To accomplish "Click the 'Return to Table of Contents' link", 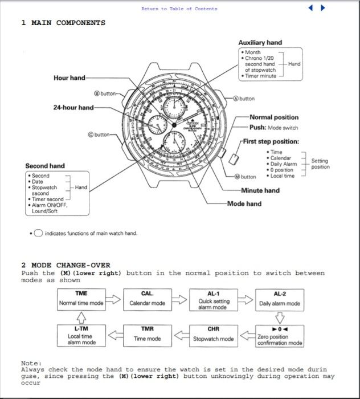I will (179, 9).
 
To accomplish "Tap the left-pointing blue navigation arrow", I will (311, 8).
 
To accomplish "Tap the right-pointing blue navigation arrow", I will (323, 8).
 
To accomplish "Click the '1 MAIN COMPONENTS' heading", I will (63, 23).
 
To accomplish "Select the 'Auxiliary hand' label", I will (260, 42).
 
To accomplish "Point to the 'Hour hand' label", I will (69, 78).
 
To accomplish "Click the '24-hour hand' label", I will (73, 107).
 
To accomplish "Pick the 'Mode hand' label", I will (244, 203).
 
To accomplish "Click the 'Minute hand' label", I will (260, 190).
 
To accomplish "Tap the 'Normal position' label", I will (274, 117).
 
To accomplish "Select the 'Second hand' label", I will (45, 166).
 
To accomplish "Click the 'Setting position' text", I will (320, 164).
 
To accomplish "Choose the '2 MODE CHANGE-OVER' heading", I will (66, 265).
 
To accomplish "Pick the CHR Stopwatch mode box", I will (213, 335).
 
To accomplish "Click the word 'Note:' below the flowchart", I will (31, 363).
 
